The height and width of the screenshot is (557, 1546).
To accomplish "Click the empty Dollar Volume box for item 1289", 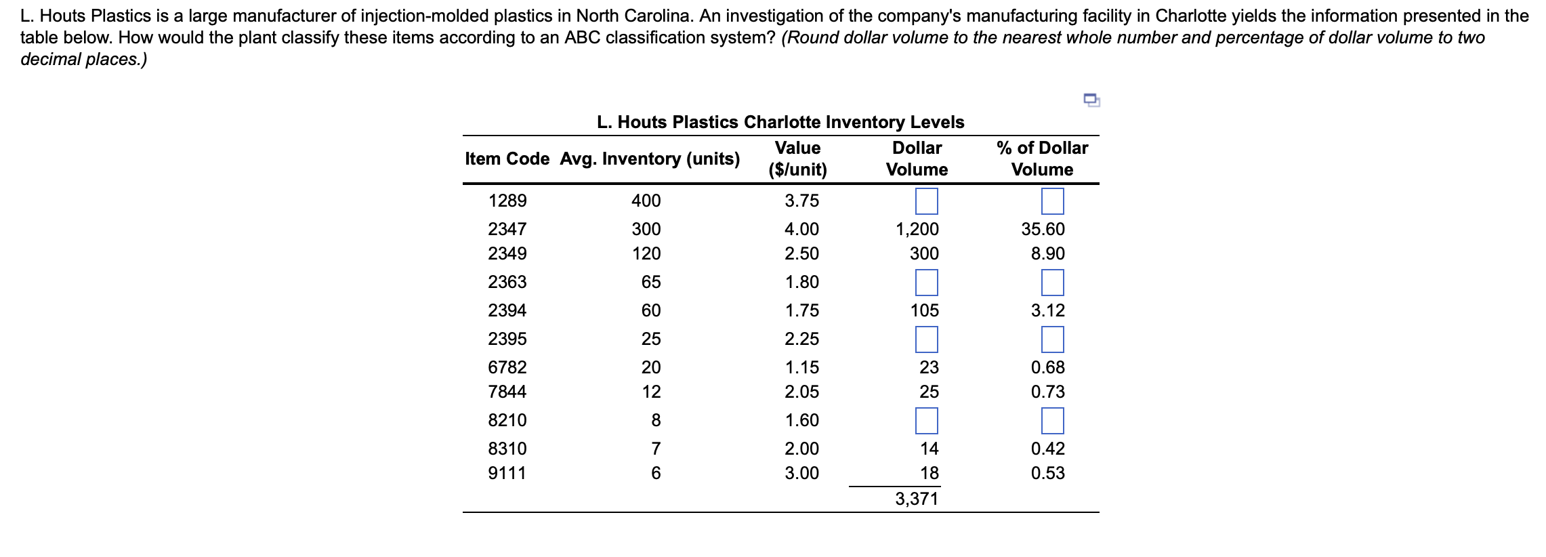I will point(926,201).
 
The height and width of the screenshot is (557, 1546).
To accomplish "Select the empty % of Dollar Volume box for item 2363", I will point(1052,283).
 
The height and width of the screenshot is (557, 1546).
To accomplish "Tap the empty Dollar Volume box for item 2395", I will point(926,339).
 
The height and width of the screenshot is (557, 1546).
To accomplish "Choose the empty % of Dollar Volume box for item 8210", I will point(1052,421).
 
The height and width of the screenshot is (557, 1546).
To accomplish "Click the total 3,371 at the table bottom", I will point(917,499).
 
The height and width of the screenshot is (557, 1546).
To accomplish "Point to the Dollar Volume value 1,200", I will point(917,230).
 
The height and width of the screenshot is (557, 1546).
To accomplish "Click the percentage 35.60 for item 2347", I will point(1043,230).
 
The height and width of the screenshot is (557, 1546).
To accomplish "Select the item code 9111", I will point(507,474).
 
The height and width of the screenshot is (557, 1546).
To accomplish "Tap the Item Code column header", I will point(507,159).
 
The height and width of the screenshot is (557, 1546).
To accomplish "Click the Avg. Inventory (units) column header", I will point(650,159).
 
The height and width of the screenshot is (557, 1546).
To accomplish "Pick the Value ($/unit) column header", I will point(797,159).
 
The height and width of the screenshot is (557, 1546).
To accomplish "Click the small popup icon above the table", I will point(1091,100).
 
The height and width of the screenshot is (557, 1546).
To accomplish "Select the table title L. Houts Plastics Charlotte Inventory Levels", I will point(780,123).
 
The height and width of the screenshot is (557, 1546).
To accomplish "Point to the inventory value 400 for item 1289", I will point(646,201).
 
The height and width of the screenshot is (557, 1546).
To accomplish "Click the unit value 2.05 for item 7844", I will point(801,392).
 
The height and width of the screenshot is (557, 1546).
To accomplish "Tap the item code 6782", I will point(507,368).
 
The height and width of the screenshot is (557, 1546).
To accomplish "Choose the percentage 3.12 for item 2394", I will point(1047,311).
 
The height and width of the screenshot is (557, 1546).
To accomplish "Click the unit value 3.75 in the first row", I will point(801,201).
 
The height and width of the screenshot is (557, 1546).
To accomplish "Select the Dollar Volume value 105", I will point(924,311).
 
